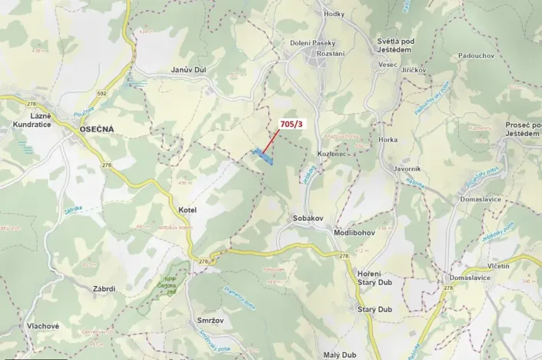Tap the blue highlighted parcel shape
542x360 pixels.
click(264, 156)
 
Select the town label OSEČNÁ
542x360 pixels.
click(97, 129)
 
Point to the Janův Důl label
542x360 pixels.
click(188, 69)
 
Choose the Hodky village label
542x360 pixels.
click(334, 14)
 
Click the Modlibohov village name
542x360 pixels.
click(354, 232)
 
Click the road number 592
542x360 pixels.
click(101, 94)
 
